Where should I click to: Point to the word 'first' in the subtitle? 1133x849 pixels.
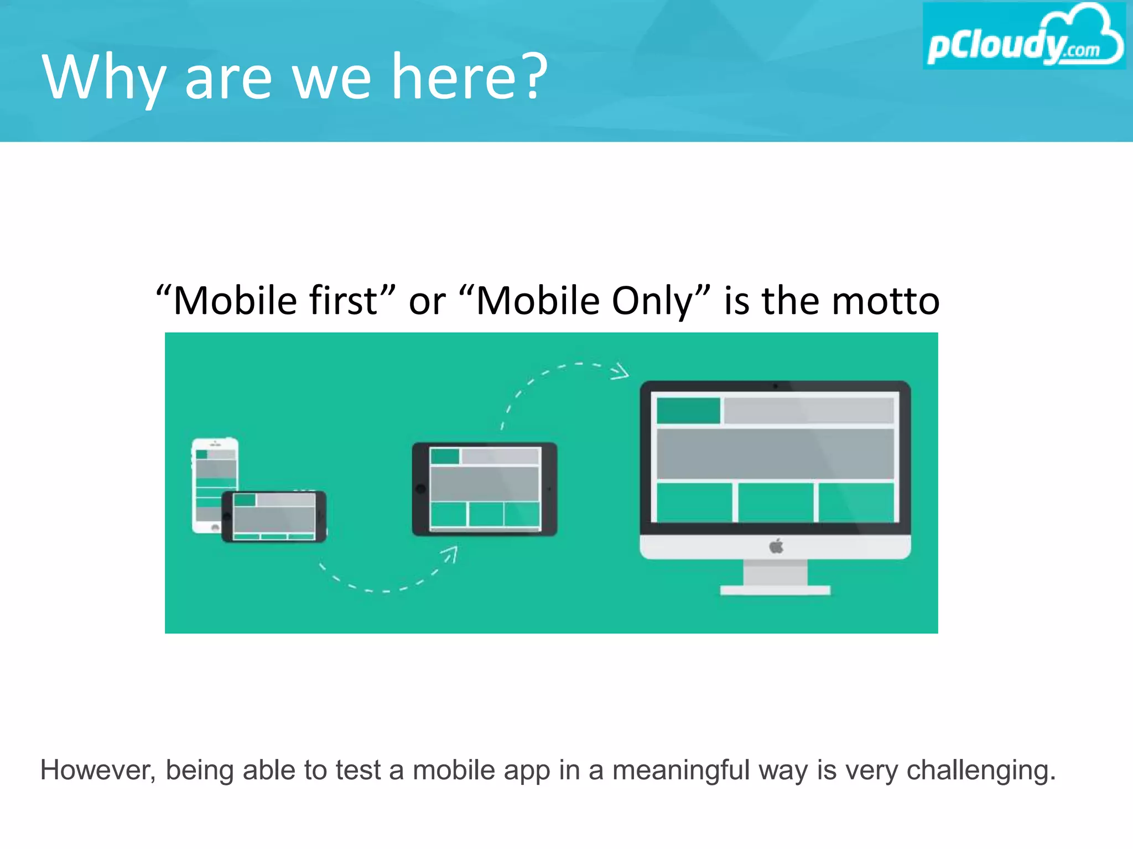[343, 301]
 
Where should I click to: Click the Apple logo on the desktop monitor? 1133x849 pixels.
[776, 547]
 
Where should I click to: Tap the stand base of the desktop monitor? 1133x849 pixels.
[775, 590]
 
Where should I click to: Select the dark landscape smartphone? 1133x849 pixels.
[274, 516]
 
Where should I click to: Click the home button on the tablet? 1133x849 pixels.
[420, 489]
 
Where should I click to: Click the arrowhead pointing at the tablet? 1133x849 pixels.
[451, 553]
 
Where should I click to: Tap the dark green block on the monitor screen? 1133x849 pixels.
[688, 411]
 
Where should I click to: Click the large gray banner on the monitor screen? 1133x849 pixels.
[775, 454]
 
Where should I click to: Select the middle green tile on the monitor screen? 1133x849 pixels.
[776, 502]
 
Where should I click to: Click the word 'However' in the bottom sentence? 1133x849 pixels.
[97, 770]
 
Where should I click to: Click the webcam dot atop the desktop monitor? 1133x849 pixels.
[775, 386]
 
